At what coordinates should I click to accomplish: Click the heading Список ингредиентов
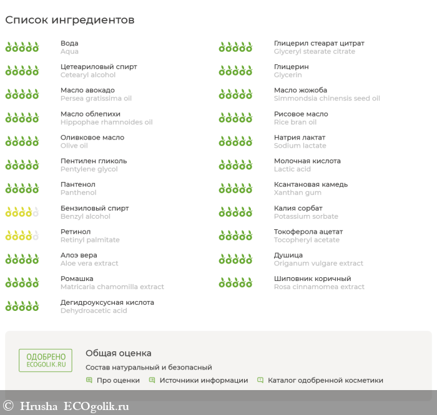(x=69, y=20)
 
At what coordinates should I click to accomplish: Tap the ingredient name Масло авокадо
(x=87, y=90)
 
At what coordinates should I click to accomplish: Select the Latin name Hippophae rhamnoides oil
(x=106, y=122)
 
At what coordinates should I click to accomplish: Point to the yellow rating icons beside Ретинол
(x=22, y=236)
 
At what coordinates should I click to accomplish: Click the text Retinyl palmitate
(x=90, y=240)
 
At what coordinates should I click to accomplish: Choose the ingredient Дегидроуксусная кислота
(x=107, y=302)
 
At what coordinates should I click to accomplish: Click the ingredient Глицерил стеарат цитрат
(x=319, y=43)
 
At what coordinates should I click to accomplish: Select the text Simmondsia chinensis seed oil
(x=327, y=98)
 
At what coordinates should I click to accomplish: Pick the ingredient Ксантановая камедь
(x=311, y=184)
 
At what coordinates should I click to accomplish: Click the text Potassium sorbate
(x=306, y=216)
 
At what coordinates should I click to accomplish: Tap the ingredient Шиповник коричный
(x=312, y=279)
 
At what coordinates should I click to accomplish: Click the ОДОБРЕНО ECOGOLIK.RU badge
(x=45, y=361)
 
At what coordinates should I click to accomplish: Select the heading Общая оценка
(x=118, y=353)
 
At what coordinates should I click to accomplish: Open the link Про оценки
(x=118, y=380)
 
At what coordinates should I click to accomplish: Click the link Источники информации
(x=204, y=380)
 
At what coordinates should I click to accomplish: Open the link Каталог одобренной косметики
(x=325, y=380)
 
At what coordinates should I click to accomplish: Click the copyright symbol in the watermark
(x=8, y=406)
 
